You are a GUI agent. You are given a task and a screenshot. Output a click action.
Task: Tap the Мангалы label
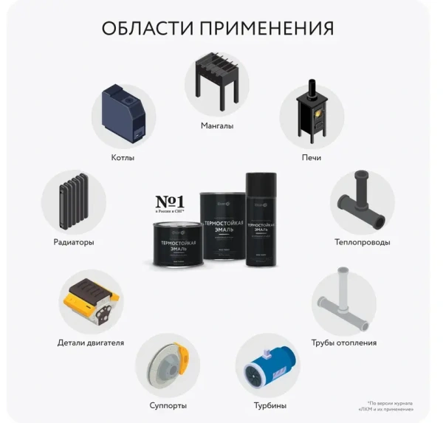pyautogui.click(x=217, y=125)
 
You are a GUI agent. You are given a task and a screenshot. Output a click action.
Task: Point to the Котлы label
pyautogui.click(x=123, y=158)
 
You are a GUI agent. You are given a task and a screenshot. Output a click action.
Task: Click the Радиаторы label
pyautogui.click(x=74, y=242)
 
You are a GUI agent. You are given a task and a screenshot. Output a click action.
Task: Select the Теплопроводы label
pyautogui.click(x=362, y=242)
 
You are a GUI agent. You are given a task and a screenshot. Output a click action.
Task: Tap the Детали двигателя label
pyautogui.click(x=91, y=343)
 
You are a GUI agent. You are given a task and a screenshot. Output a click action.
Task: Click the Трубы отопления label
pyautogui.click(x=344, y=343)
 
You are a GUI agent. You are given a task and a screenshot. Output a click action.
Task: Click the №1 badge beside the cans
pyautogui.click(x=171, y=205)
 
